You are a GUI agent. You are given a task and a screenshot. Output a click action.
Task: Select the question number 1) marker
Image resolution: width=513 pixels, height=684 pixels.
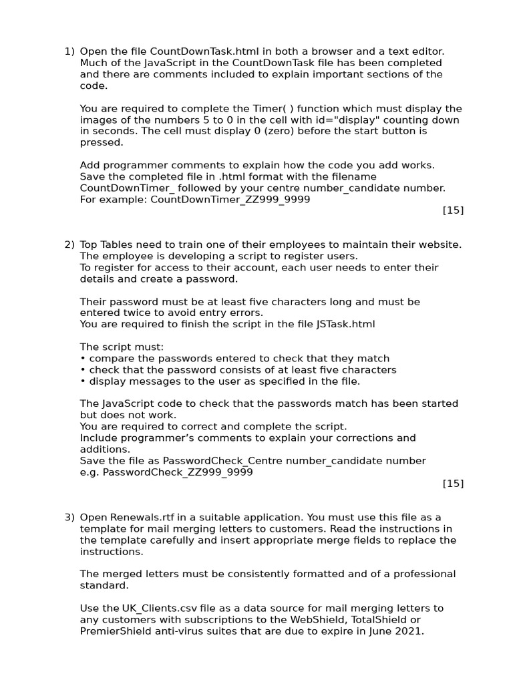pyautogui.click(x=69, y=51)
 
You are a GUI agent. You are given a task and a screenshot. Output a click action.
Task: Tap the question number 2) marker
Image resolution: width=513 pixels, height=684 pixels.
pyautogui.click(x=69, y=244)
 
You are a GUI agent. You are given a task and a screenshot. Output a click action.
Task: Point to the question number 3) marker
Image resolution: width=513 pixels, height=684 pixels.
pyautogui.click(x=69, y=518)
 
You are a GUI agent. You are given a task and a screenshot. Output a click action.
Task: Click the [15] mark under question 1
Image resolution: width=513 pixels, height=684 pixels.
pyautogui.click(x=453, y=210)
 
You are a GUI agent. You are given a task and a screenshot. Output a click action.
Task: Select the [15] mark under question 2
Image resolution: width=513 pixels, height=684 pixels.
pyautogui.click(x=453, y=484)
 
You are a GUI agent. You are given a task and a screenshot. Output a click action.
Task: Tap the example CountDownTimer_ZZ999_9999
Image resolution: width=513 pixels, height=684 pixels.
pyautogui.click(x=230, y=200)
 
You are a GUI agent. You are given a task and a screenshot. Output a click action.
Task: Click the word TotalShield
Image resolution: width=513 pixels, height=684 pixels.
pyautogui.click(x=380, y=620)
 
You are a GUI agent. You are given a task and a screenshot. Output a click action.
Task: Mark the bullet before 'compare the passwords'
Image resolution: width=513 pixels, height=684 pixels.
pyautogui.click(x=82, y=359)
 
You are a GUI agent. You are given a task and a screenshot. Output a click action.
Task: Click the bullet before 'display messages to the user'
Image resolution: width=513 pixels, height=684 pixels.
pyautogui.click(x=82, y=381)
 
